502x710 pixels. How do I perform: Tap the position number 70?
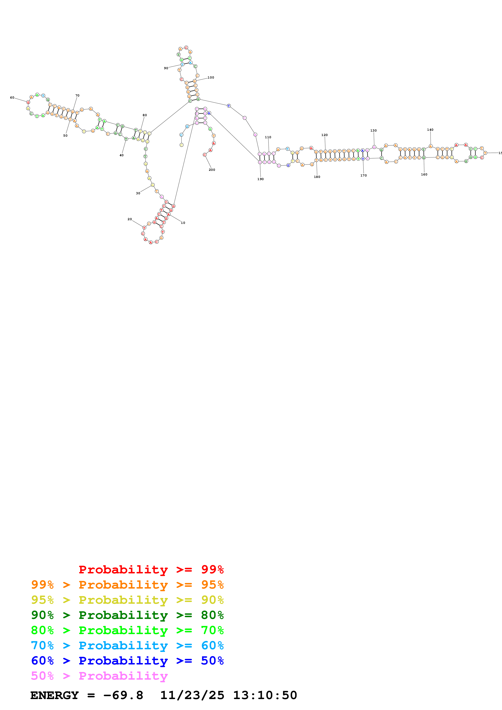[77, 96]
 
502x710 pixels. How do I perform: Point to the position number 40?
[122, 155]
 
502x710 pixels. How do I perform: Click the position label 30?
[138, 193]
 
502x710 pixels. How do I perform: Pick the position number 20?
[130, 219]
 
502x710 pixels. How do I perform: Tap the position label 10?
[183, 223]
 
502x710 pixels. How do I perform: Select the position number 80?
[145, 115]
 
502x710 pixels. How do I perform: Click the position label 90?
[166, 68]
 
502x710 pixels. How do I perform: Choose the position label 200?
[212, 170]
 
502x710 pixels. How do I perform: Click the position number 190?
[260, 179]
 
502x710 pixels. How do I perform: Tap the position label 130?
[374, 131]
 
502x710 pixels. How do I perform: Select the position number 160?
[424, 174]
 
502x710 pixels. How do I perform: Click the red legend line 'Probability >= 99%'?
[151, 570]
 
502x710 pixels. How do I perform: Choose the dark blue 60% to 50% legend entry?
[127, 661]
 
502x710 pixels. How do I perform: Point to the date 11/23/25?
[192, 695]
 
